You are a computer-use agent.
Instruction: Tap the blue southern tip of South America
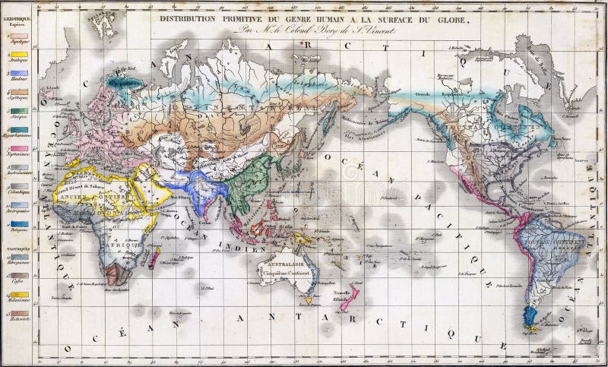528,319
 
